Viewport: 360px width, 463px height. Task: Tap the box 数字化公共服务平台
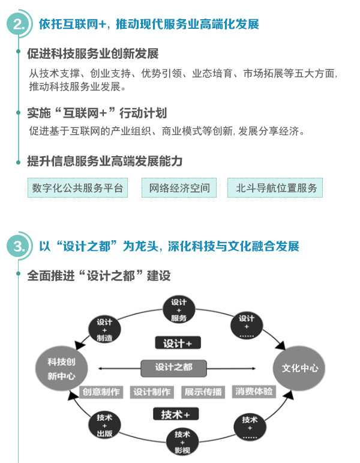(77, 188)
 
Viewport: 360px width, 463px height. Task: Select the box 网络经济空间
(179, 188)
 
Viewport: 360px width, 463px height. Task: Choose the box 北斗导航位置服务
(275, 188)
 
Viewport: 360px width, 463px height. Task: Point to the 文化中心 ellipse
(296, 368)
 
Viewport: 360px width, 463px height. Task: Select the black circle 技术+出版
(105, 425)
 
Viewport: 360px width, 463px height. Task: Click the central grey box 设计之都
(173, 367)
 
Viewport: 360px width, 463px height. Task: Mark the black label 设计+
(178, 343)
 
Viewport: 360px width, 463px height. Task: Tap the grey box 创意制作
(101, 392)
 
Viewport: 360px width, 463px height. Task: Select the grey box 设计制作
(152, 392)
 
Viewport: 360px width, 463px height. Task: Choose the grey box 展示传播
(203, 392)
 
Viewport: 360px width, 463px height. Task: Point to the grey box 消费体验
(254, 392)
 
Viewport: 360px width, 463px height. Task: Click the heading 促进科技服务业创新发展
(93, 54)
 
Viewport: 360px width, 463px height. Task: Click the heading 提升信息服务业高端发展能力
(105, 162)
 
